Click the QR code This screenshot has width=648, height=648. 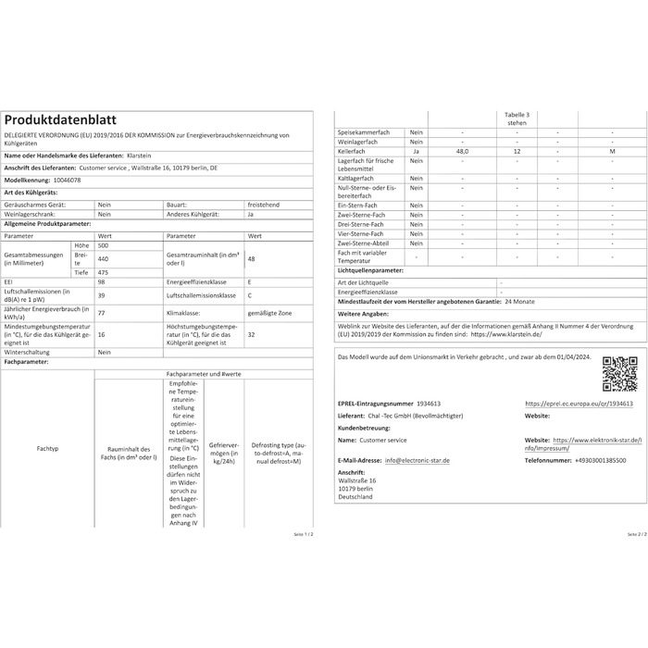(x=618, y=372)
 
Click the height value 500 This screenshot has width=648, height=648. (x=104, y=245)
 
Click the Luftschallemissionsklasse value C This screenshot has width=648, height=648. (x=250, y=295)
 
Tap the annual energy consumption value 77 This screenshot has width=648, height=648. (x=101, y=314)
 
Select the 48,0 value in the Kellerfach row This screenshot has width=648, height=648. (x=462, y=151)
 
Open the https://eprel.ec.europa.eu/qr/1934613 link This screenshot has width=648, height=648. (x=579, y=404)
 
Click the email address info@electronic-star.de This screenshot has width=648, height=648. (x=417, y=460)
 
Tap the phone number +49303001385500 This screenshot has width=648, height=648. (x=587, y=460)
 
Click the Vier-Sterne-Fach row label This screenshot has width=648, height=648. (x=361, y=233)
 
